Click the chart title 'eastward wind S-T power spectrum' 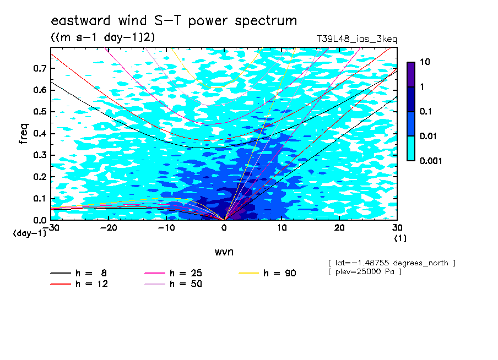click(x=174, y=21)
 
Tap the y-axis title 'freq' click(x=24, y=134)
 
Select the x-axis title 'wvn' click(x=224, y=252)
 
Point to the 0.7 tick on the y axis click(x=40, y=68)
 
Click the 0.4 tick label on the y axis click(x=40, y=133)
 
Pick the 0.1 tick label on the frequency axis click(x=40, y=198)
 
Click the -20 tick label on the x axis click(x=109, y=228)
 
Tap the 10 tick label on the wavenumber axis click(x=282, y=228)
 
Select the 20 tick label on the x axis click(x=339, y=228)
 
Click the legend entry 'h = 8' click(x=78, y=273)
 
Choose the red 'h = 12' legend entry click(x=79, y=283)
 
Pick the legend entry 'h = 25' click(x=173, y=273)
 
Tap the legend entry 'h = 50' click(x=173, y=283)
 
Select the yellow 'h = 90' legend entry click(x=267, y=273)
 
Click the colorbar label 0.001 click(x=431, y=161)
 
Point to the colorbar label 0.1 click(x=425, y=111)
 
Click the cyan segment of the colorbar click(x=411, y=149)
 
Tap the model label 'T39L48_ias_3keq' click(x=356, y=39)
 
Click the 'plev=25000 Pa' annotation click(x=365, y=272)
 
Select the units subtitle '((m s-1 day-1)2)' click(x=103, y=37)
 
